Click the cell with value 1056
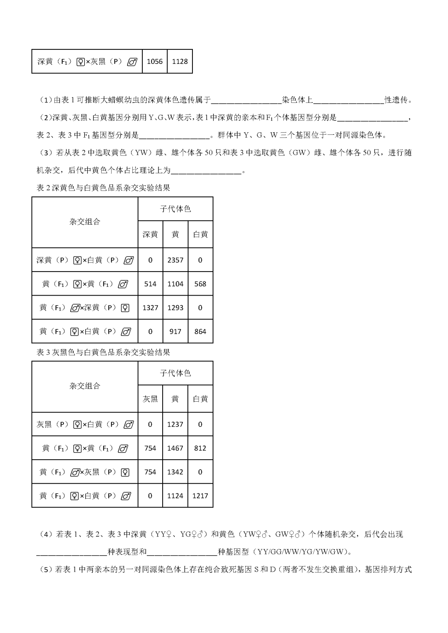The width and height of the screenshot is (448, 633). click(155, 61)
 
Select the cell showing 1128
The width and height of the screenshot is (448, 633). click(180, 61)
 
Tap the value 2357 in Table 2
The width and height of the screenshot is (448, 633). click(175, 260)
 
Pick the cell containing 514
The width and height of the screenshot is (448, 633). click(150, 284)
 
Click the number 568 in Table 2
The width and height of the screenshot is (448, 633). click(200, 284)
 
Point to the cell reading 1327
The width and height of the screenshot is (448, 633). click(150, 308)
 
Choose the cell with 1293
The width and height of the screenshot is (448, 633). click(175, 308)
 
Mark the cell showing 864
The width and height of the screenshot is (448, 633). click(200, 331)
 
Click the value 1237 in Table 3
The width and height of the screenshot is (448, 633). click(175, 424)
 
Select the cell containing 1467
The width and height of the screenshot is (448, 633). click(175, 448)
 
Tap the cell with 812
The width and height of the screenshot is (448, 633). click(200, 448)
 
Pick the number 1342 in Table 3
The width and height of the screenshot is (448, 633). click(175, 472)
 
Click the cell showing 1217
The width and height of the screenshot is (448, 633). click(200, 496)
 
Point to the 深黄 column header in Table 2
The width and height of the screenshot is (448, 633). click(150, 235)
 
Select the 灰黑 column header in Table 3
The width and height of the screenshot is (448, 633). click(150, 399)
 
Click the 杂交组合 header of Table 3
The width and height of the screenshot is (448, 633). click(85, 386)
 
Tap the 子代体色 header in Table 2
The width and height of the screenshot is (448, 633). click(175, 209)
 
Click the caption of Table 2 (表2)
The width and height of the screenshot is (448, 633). click(103, 188)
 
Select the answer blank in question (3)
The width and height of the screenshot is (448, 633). click(206, 170)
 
